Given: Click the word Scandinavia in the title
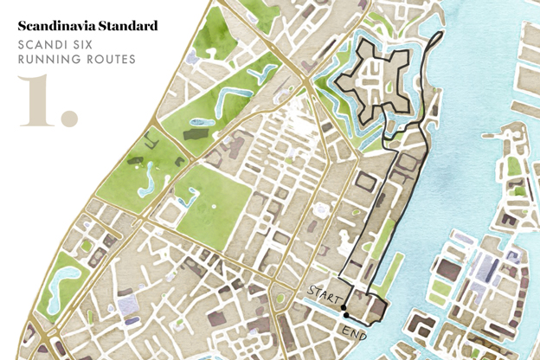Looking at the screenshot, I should (x=55, y=27).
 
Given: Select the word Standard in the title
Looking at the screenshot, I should (x=126, y=27).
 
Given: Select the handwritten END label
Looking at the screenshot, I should (x=354, y=331).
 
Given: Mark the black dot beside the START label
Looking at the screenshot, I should (x=343, y=307).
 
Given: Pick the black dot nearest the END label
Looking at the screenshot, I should (x=346, y=316).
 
